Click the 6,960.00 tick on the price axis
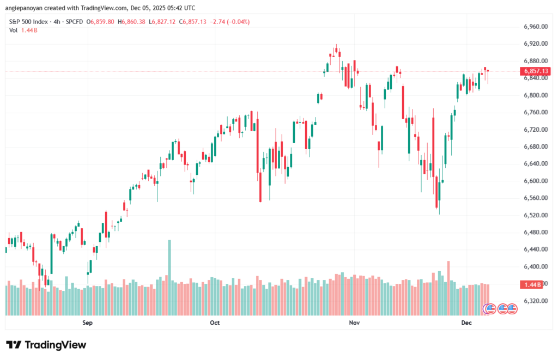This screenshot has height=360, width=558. [535, 27]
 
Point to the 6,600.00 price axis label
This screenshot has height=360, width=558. [535, 181]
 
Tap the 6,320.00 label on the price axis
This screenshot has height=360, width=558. [535, 301]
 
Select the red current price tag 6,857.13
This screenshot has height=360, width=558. [535, 71]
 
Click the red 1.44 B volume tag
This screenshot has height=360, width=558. [532, 285]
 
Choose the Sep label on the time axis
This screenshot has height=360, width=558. [88, 323]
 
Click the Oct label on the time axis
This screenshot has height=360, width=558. [215, 323]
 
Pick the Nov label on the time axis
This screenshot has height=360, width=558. [354, 323]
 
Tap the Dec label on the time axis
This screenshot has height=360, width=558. [466, 323]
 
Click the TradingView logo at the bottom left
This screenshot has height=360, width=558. [46, 345]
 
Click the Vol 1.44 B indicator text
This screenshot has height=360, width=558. [24, 30]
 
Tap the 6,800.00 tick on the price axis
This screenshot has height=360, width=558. [535, 95]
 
